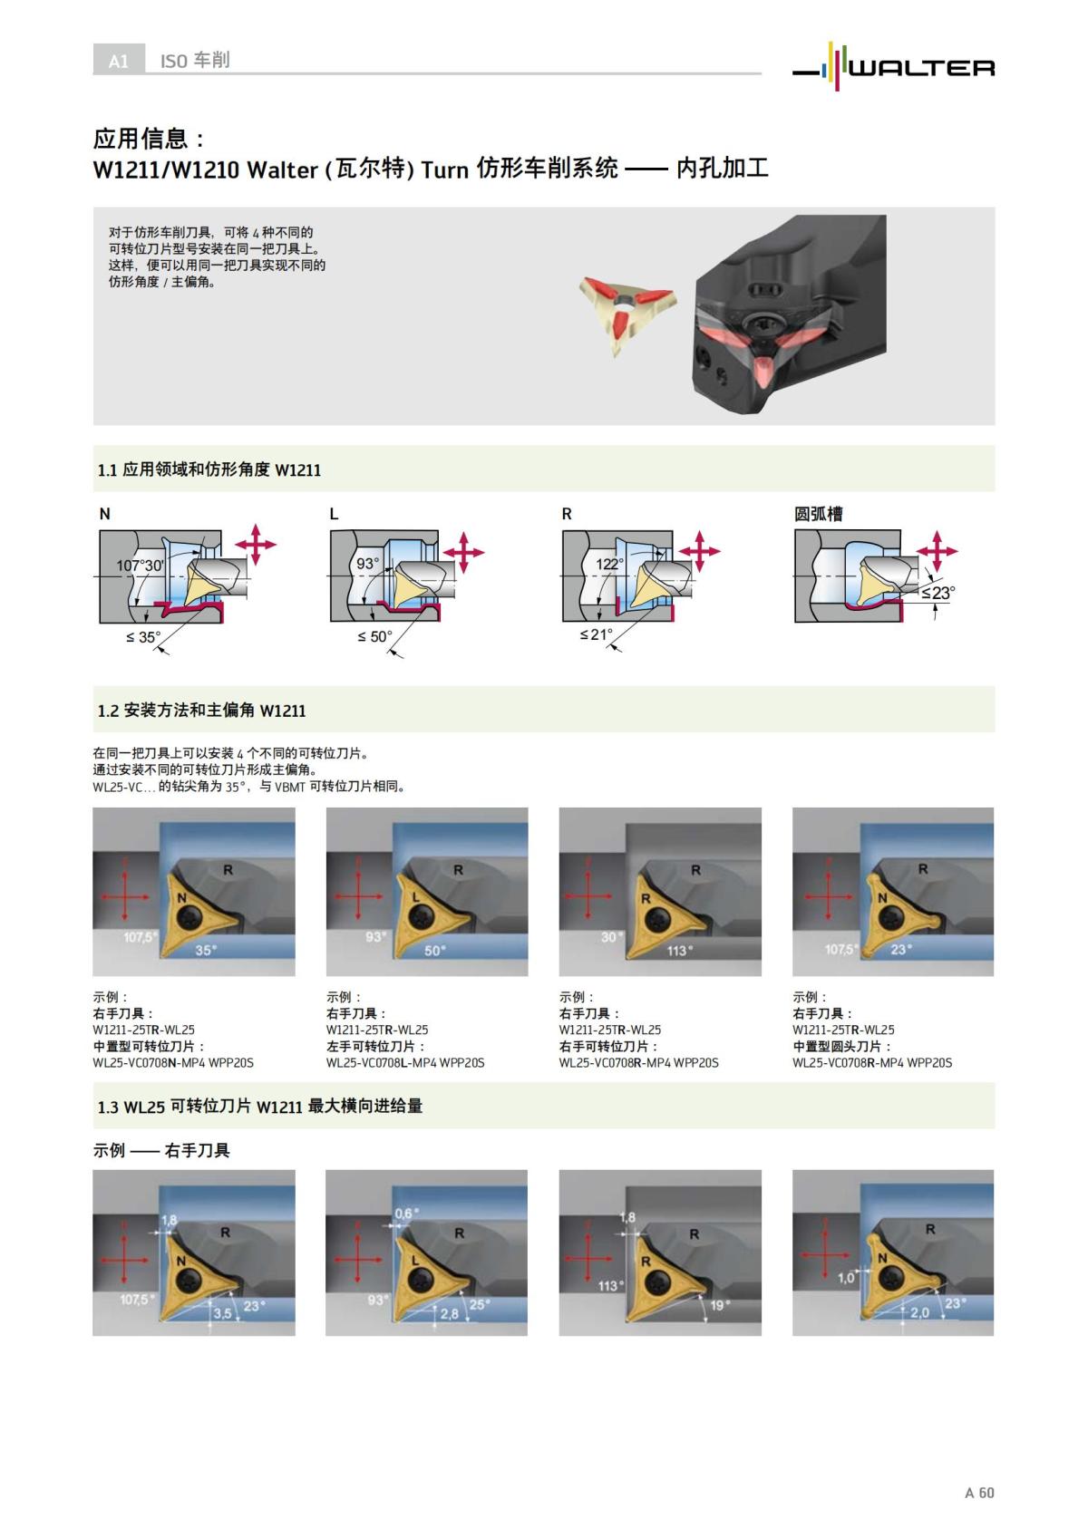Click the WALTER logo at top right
click(x=894, y=66)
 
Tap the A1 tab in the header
click(x=118, y=61)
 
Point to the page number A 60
click(x=979, y=1493)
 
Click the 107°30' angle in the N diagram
click(x=140, y=566)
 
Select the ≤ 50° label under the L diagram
click(x=374, y=637)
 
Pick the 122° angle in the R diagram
click(x=609, y=565)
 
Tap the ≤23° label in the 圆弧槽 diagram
click(x=937, y=593)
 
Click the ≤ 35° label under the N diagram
click(x=142, y=637)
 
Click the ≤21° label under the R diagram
click(x=597, y=634)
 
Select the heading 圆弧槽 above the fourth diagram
click(x=818, y=514)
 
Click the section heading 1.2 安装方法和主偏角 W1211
click(x=201, y=711)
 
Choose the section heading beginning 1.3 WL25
click(x=259, y=1106)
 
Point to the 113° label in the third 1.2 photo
click(x=679, y=951)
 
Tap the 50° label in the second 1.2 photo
click(x=435, y=951)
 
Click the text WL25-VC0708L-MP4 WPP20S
click(x=404, y=1062)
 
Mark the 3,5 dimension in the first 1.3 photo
click(x=221, y=1312)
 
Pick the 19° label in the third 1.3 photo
click(x=719, y=1305)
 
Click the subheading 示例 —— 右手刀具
click(x=161, y=1150)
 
